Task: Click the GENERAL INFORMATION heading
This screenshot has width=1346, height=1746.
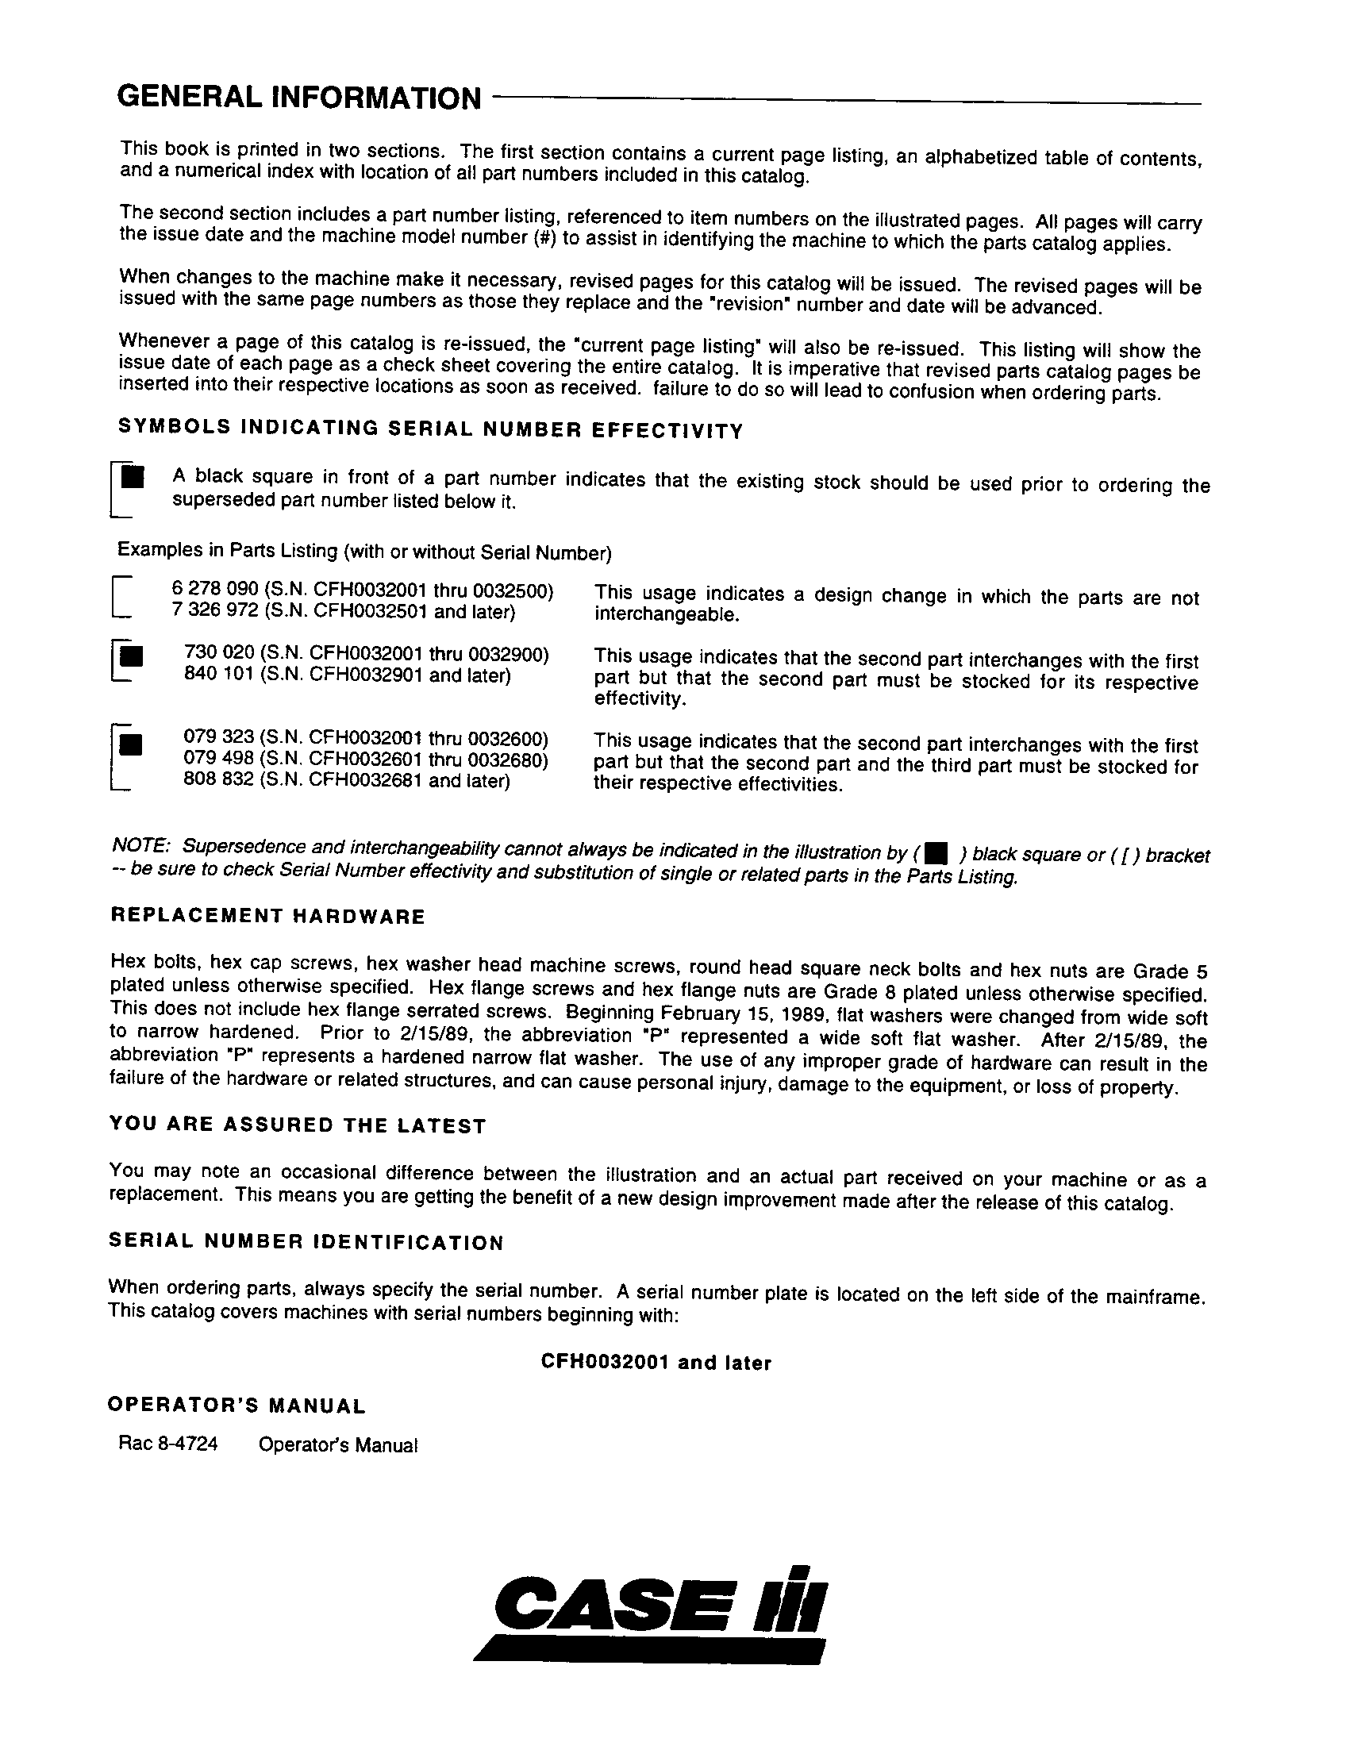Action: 299,98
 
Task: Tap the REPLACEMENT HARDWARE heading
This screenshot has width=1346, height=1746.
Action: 267,917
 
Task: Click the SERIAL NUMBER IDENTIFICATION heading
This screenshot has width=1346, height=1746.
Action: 306,1242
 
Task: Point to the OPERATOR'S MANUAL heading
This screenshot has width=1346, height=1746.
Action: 237,1406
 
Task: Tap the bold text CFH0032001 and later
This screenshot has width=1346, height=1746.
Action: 656,1363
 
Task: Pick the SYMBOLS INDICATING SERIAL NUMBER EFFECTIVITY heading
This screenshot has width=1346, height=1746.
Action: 430,429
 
